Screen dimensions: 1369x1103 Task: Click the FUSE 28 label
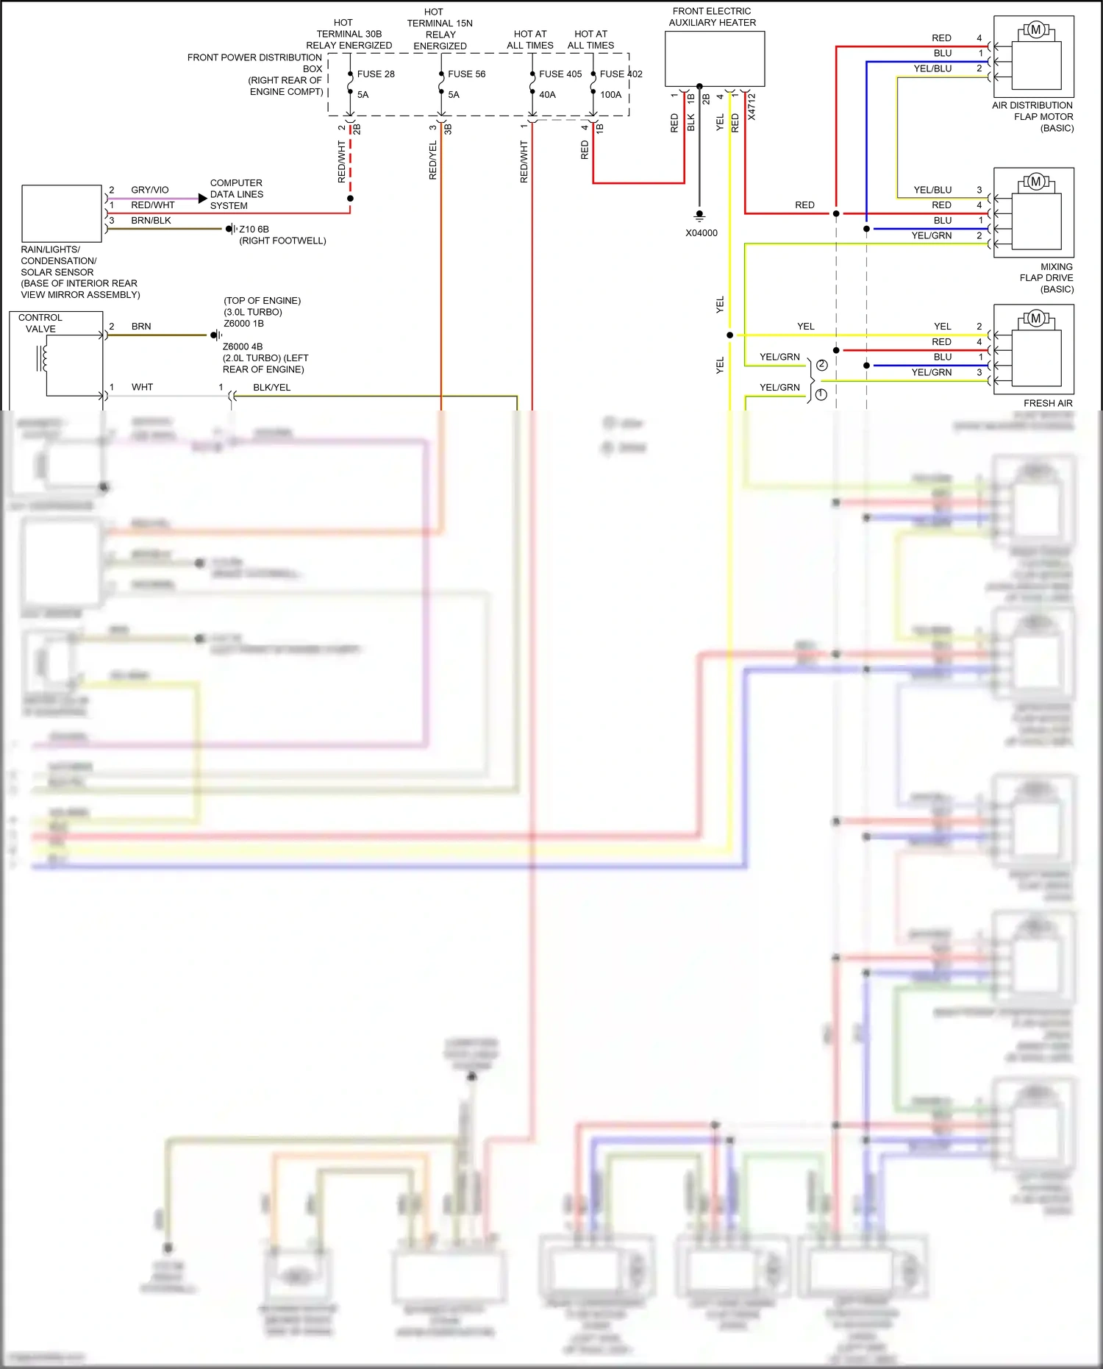(x=375, y=74)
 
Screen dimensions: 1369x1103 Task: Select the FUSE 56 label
(x=466, y=74)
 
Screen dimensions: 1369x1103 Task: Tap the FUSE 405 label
(x=560, y=74)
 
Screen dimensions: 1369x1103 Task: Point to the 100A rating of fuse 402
(x=610, y=95)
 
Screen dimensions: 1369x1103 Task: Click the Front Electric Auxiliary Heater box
(x=714, y=59)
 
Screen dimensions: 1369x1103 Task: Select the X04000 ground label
(x=701, y=233)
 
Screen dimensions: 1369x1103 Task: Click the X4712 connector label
(x=752, y=107)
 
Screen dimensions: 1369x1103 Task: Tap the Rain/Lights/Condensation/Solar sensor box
(x=62, y=213)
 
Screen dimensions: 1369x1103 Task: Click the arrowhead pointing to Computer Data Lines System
(x=203, y=199)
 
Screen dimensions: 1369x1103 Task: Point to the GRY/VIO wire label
(x=149, y=190)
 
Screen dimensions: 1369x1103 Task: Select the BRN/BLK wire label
(x=151, y=221)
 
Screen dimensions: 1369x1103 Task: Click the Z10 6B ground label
(x=254, y=230)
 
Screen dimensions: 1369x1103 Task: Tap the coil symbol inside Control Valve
(x=43, y=358)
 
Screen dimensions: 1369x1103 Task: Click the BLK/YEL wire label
(x=271, y=388)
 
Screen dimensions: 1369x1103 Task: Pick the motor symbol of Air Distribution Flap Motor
(x=1035, y=30)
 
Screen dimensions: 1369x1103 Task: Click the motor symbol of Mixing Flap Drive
(x=1035, y=182)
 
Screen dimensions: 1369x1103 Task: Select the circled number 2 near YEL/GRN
(x=821, y=365)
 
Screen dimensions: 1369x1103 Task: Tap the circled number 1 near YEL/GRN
(x=821, y=394)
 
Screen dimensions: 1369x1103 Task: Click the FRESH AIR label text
(x=1047, y=403)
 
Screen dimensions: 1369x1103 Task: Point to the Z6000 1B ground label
(x=243, y=324)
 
